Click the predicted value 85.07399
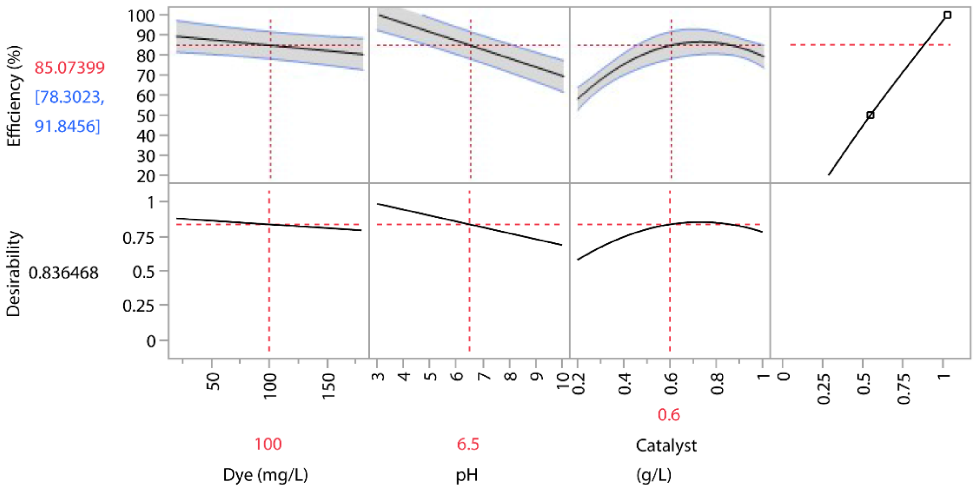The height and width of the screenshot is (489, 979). [x=70, y=68]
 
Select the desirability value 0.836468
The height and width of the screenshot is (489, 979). [x=63, y=273]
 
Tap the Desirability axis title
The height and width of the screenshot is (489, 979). [x=14, y=274]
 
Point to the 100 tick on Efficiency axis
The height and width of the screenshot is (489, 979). [x=141, y=16]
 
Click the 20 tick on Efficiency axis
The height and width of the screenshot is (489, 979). [x=145, y=176]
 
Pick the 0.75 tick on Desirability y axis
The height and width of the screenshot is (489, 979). [x=138, y=238]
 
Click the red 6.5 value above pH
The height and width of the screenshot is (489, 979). [x=468, y=444]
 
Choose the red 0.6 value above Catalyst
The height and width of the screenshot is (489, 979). [x=669, y=415]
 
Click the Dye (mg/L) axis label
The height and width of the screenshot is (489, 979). [x=265, y=475]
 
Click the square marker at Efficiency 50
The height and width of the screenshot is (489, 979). [x=870, y=115]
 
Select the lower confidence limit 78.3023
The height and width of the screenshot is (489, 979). [x=70, y=97]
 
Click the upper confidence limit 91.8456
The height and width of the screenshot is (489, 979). [x=67, y=126]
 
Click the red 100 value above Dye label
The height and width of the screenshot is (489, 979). [x=268, y=444]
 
